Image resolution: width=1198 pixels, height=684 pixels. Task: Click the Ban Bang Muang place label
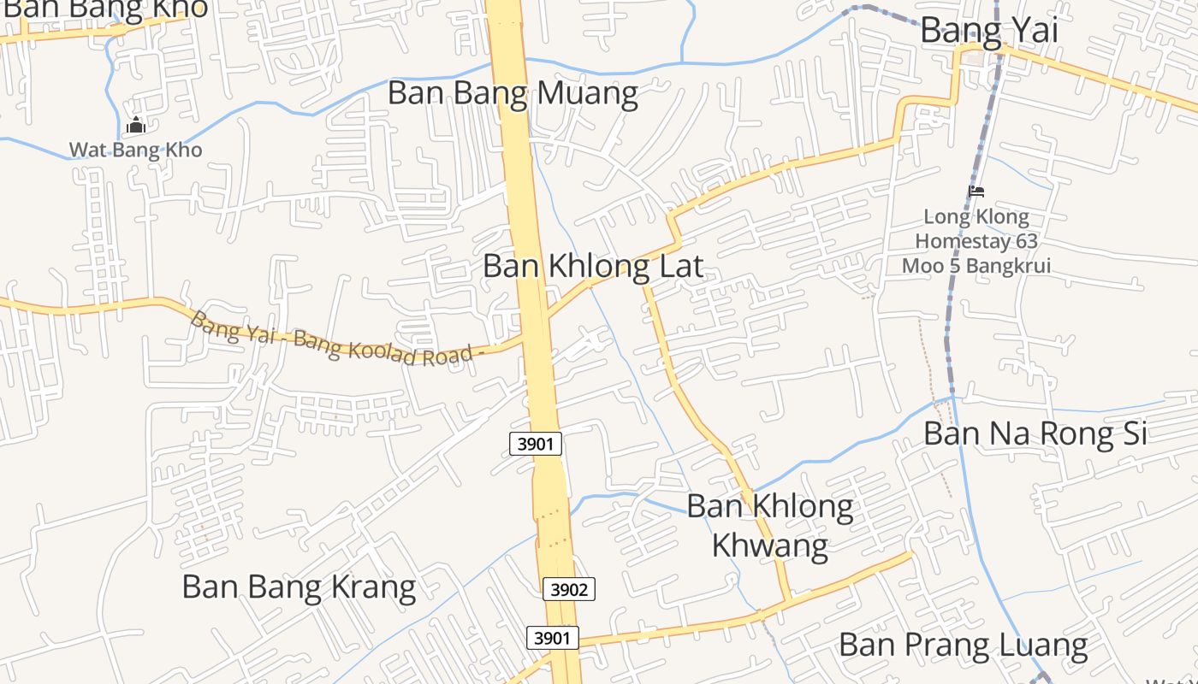tap(513, 93)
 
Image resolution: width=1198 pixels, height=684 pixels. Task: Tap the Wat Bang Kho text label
tap(135, 150)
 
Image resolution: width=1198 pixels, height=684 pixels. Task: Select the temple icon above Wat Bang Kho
tap(135, 127)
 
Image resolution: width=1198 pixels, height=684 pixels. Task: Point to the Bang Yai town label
tap(988, 31)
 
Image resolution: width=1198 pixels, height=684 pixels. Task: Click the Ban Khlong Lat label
tap(592, 266)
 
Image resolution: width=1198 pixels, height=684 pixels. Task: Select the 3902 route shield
tap(568, 589)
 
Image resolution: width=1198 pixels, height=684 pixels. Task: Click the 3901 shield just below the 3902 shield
tap(551, 638)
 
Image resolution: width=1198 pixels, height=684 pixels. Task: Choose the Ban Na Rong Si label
tap(1035, 433)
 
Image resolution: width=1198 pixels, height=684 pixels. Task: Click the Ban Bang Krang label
tap(299, 587)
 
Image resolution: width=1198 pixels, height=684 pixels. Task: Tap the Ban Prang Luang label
tap(963, 645)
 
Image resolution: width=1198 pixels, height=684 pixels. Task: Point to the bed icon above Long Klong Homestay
tap(976, 192)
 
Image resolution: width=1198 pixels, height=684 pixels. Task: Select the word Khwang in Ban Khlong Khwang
tap(769, 544)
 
